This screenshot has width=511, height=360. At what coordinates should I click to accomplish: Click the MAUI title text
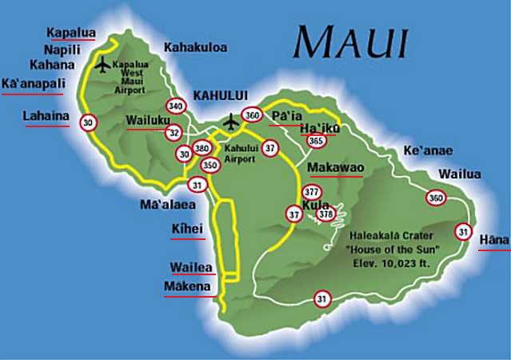[x=351, y=40]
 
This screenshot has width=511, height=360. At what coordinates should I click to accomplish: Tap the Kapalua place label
[x=71, y=33]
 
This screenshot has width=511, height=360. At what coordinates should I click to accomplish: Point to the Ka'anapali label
[x=37, y=83]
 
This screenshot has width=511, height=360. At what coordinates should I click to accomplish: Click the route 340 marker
[x=176, y=106]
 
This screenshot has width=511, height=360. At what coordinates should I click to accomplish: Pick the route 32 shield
[x=174, y=133]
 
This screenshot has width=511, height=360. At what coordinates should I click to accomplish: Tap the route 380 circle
[x=202, y=149]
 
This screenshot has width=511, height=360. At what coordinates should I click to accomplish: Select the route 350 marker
[x=210, y=165]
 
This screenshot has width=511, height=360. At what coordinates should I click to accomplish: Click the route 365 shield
[x=317, y=142]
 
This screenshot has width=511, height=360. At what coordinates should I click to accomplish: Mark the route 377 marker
[x=312, y=193]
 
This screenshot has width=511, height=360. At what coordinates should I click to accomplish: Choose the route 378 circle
[x=325, y=214]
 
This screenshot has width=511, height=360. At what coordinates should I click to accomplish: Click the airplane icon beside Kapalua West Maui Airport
[x=102, y=65]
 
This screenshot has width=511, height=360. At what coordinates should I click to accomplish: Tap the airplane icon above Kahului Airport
[x=232, y=122]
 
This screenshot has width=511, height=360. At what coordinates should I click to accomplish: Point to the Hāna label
[x=493, y=240]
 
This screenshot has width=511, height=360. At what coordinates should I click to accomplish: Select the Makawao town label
[x=336, y=168]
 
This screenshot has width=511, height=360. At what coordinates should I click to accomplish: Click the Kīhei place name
[x=188, y=230]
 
